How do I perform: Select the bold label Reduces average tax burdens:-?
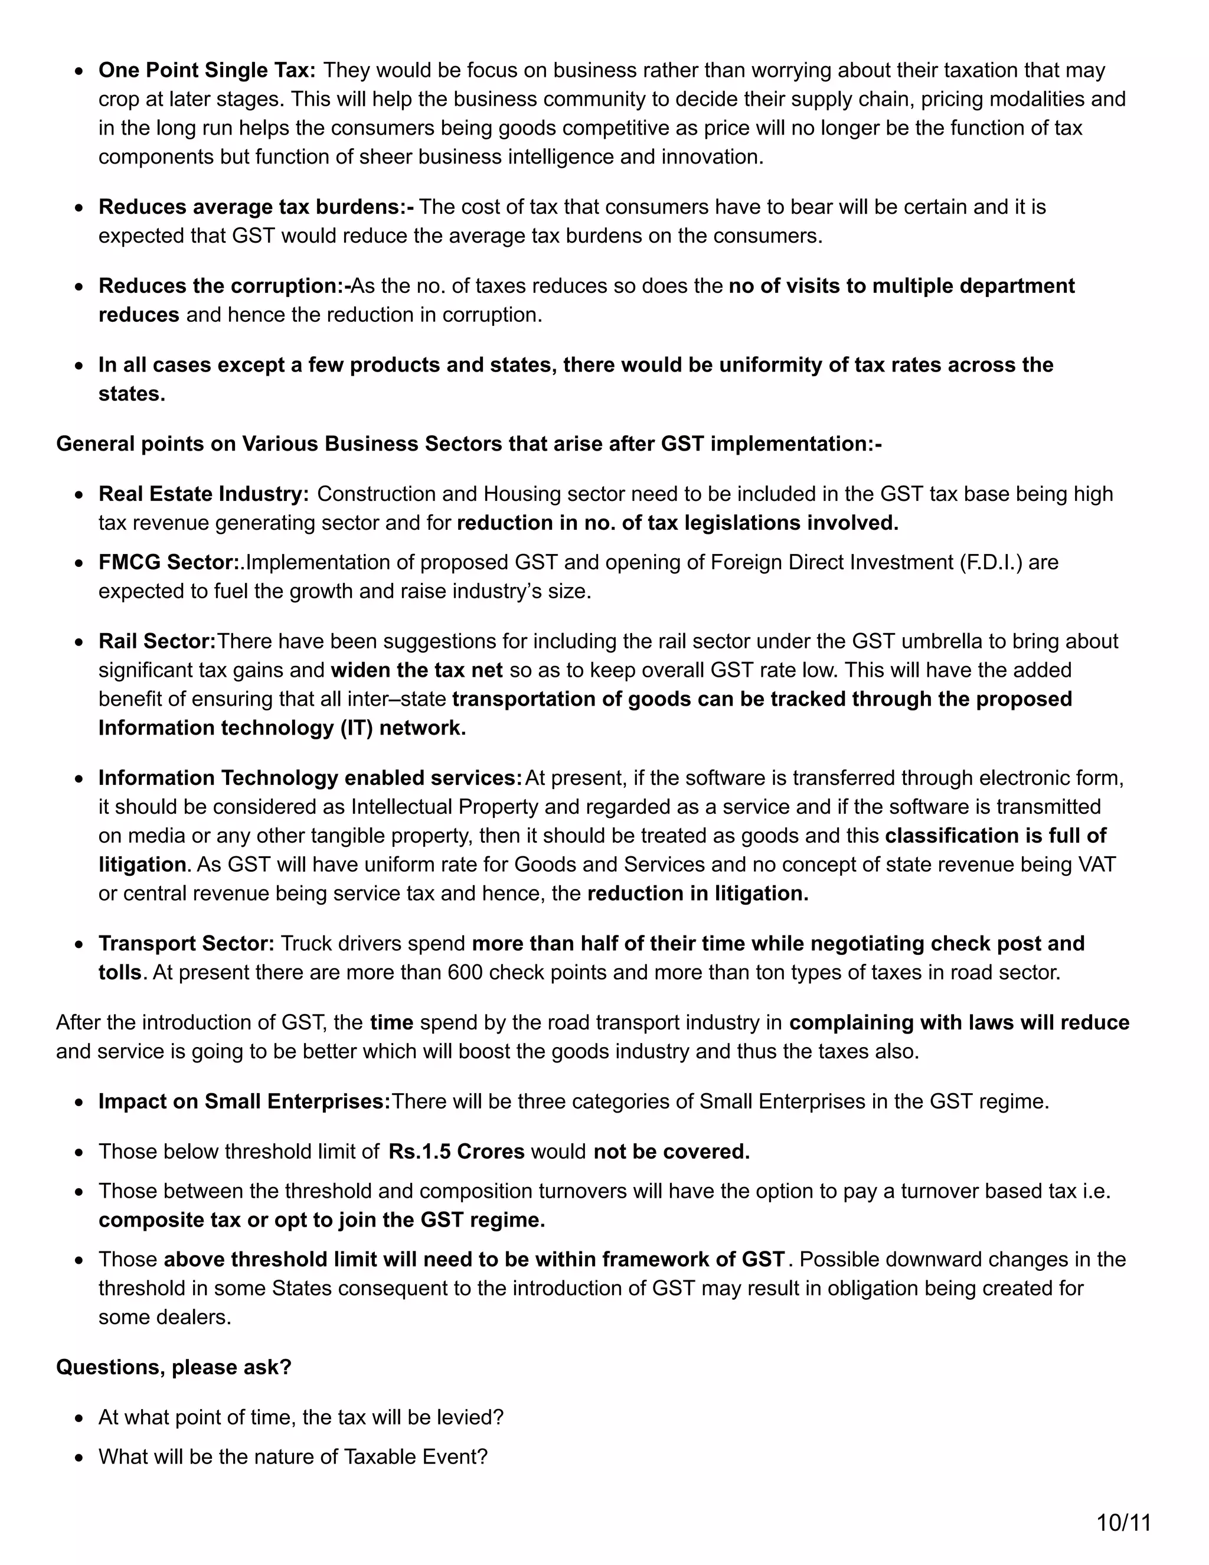coord(256,207)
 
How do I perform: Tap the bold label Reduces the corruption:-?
coord(224,286)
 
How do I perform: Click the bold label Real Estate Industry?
coord(204,494)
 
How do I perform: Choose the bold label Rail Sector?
coord(157,641)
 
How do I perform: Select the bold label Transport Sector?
coord(186,943)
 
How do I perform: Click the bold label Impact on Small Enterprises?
coord(244,1101)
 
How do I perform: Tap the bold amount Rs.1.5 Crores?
coord(456,1152)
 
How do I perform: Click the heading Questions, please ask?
coord(174,1367)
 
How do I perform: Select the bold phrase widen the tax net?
coord(417,670)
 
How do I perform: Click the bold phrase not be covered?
coord(671,1152)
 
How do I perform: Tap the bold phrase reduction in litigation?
coord(698,894)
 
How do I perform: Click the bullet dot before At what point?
coord(80,1418)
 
